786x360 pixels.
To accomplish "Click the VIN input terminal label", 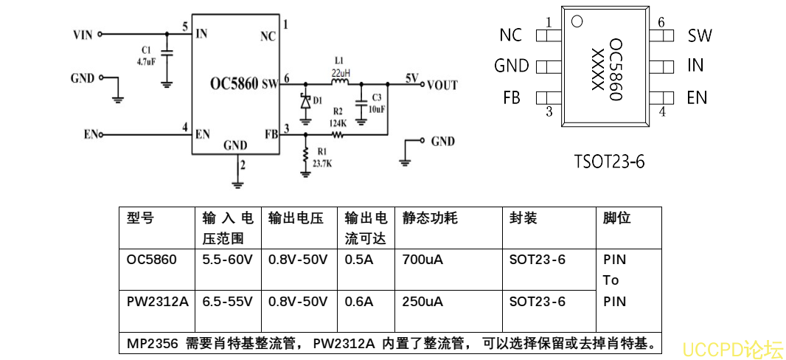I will (x=83, y=34).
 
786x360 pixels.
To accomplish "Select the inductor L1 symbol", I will (x=340, y=83).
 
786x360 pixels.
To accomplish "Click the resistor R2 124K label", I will (x=338, y=117).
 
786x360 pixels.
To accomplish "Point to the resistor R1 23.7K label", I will (x=322, y=158).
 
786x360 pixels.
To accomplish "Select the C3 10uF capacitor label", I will (x=376, y=103).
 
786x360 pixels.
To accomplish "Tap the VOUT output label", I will (x=442, y=85).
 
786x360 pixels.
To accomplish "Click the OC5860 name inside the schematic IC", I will (x=234, y=84).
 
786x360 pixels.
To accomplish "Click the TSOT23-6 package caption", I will (x=609, y=161).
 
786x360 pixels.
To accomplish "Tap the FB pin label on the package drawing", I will (x=512, y=97).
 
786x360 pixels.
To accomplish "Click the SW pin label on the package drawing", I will (x=700, y=35).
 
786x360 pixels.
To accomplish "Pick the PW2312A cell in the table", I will (x=157, y=302).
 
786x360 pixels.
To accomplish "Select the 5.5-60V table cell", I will (x=228, y=260).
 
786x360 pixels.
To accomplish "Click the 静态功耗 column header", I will (x=430, y=218).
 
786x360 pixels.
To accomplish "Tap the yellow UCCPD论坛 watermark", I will (x=731, y=348).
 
